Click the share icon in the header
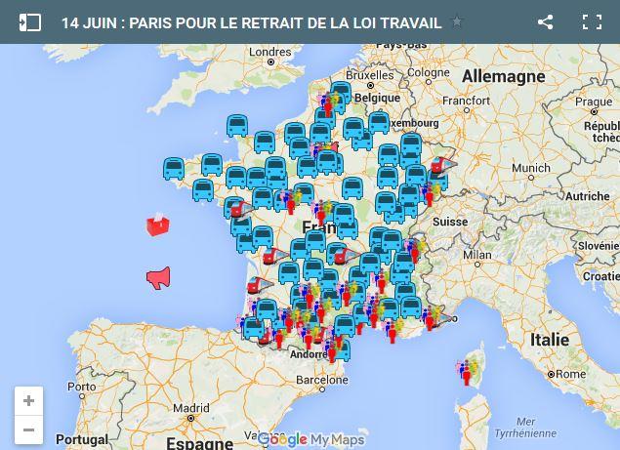pos(546,21)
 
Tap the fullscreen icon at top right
pos(592,21)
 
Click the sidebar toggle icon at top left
pos(29,21)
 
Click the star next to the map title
pos(457,21)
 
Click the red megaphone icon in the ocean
pos(158,278)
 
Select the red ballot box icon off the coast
pos(157,225)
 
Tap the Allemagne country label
pos(504,76)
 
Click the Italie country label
pos(550,340)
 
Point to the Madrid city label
pos(191,409)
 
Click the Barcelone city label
pos(322,380)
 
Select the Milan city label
pos(477,255)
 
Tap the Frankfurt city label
pos(465,100)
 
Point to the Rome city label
pos(571,374)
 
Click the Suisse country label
pos(450,222)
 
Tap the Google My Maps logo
pos(310,439)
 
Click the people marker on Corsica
pos(468,370)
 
